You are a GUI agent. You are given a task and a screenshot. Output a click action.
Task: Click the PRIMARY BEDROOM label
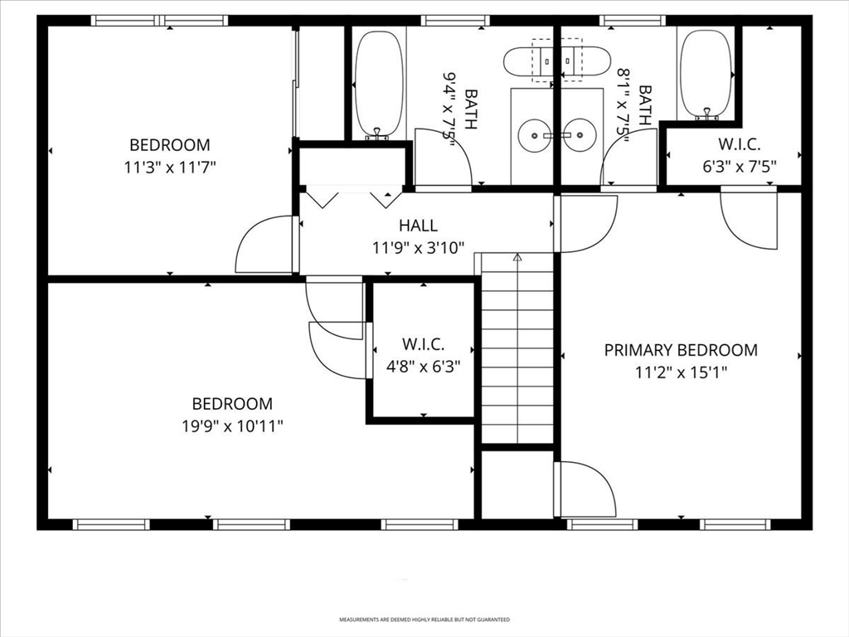coord(680,350)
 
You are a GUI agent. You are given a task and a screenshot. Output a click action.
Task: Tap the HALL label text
coord(418,225)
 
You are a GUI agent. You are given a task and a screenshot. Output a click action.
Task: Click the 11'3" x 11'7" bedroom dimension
coord(169,167)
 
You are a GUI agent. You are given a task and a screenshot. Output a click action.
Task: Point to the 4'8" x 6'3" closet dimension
coord(424,365)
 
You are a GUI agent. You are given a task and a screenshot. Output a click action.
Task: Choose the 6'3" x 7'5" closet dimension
coord(740,166)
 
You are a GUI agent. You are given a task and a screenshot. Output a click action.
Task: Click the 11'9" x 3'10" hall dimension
coord(418,246)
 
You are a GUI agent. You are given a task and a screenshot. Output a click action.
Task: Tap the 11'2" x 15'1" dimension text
coord(680,372)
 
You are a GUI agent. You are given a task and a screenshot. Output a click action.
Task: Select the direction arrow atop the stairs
coord(517,258)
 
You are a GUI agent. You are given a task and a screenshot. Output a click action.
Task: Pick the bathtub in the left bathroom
coord(379,85)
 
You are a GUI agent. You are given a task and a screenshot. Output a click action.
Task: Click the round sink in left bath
coord(536,133)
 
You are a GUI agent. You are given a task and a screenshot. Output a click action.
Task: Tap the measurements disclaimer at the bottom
coord(424,620)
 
